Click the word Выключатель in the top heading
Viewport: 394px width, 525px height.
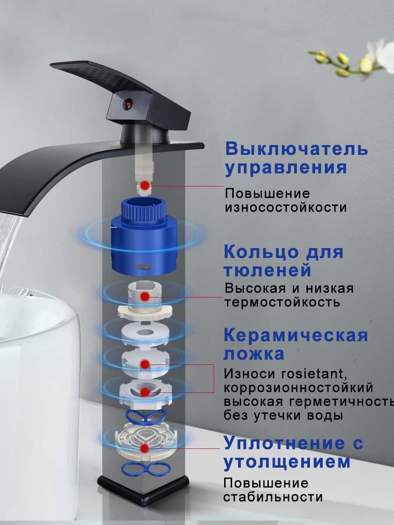point(296,149)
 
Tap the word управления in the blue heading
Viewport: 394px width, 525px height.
point(286,168)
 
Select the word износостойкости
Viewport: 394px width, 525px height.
point(285,207)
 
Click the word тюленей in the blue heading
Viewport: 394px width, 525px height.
point(267,270)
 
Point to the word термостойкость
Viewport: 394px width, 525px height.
point(282,302)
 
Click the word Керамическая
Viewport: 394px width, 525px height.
point(295,336)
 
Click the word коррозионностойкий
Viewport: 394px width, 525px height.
point(298,388)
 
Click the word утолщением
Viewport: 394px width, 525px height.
point(287,462)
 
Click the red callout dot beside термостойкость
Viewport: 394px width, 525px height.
point(145,296)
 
